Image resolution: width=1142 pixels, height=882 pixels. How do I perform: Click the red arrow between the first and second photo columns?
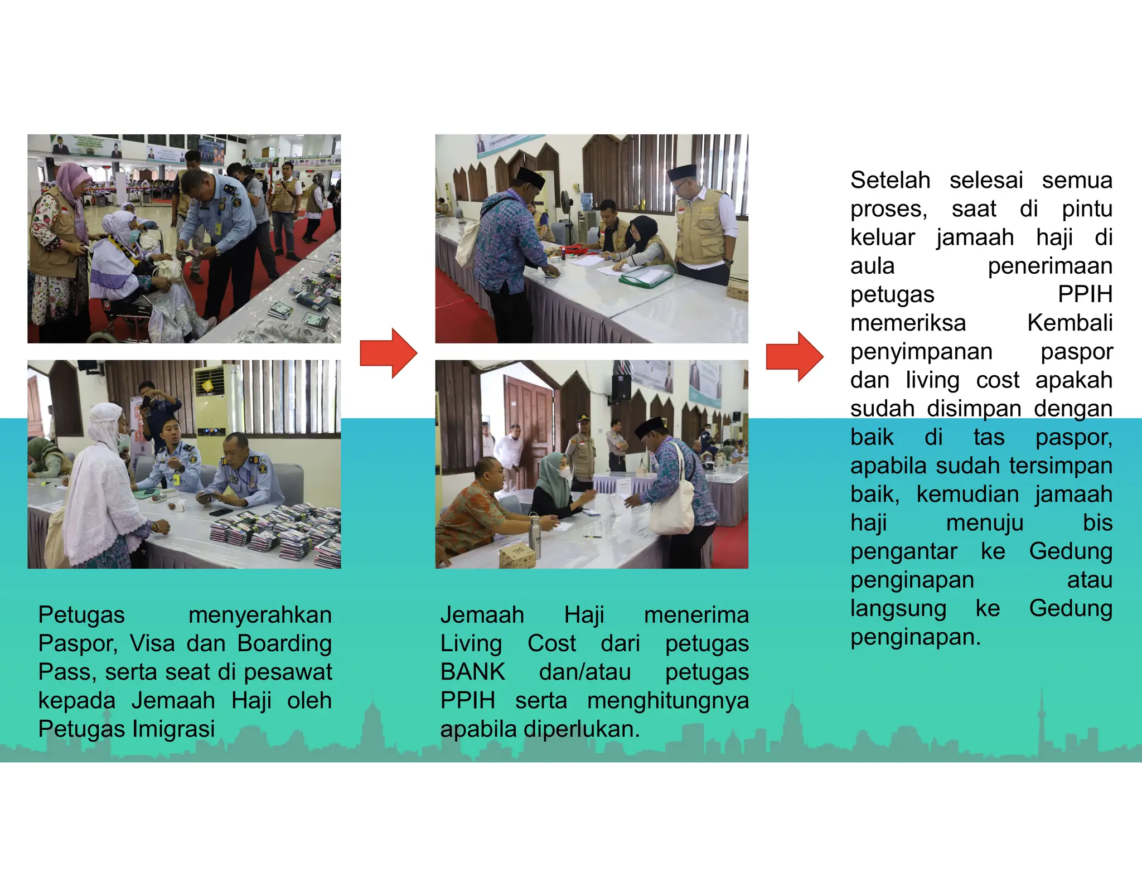point(389,353)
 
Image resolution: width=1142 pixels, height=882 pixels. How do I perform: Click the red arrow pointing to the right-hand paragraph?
point(795,356)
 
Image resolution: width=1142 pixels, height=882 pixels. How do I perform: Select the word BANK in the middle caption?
point(472,672)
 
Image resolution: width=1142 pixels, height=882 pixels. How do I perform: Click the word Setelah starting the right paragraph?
point(890,180)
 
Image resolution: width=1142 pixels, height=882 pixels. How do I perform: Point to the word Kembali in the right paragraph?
point(1070,323)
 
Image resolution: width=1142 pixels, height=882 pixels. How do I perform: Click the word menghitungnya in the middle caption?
point(667,700)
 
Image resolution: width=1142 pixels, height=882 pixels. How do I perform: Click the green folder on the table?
point(647,278)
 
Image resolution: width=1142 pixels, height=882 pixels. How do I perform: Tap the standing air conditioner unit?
point(215,413)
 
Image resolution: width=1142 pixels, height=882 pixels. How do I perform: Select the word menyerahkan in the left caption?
point(260,615)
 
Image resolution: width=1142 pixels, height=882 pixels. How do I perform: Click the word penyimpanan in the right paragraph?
point(921,352)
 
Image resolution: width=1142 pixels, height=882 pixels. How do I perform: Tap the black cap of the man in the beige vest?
point(682,172)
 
